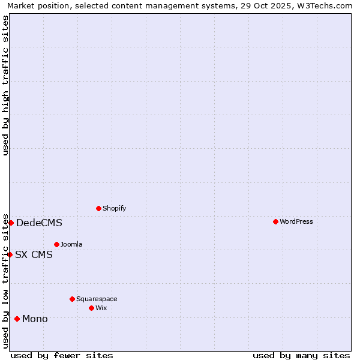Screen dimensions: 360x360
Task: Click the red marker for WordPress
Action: (275, 221)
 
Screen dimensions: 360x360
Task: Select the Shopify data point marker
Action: (98, 208)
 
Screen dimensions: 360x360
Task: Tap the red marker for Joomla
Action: (56, 244)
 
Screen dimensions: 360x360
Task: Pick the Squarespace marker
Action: (72, 299)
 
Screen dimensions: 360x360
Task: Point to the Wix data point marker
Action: (91, 308)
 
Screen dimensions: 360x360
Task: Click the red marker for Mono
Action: (17, 319)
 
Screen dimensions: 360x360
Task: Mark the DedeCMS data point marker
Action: (11, 223)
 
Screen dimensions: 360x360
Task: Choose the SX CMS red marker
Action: (10, 254)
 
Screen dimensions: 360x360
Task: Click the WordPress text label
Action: (296, 221)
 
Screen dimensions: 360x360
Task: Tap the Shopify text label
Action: (115, 208)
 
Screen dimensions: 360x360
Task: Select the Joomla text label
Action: (71, 244)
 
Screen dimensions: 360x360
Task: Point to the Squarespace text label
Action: (97, 299)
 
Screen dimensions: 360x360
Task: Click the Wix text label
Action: (101, 308)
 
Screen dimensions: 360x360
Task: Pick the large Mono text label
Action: (35, 319)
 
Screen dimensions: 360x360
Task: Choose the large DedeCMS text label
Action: (39, 223)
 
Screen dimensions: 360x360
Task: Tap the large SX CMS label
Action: (34, 254)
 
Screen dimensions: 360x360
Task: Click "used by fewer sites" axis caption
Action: (62, 355)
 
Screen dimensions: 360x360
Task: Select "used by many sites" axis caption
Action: (301, 355)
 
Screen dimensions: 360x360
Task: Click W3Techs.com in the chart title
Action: (326, 5)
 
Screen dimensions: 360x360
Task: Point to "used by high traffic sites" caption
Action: (6, 85)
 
